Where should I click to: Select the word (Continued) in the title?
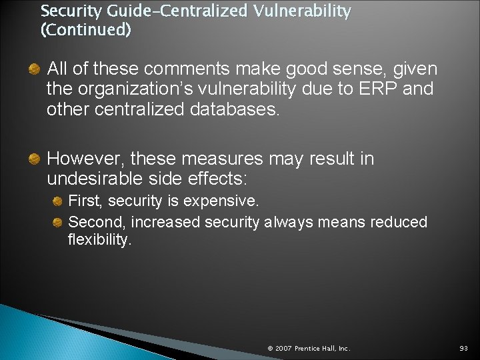[86, 30]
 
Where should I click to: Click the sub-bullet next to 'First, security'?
[58, 201]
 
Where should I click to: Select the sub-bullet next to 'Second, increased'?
[58, 222]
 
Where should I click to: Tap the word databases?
[229, 109]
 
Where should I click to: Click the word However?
[85, 159]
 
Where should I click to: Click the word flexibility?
[100, 240]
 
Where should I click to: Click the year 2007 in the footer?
[283, 348]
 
